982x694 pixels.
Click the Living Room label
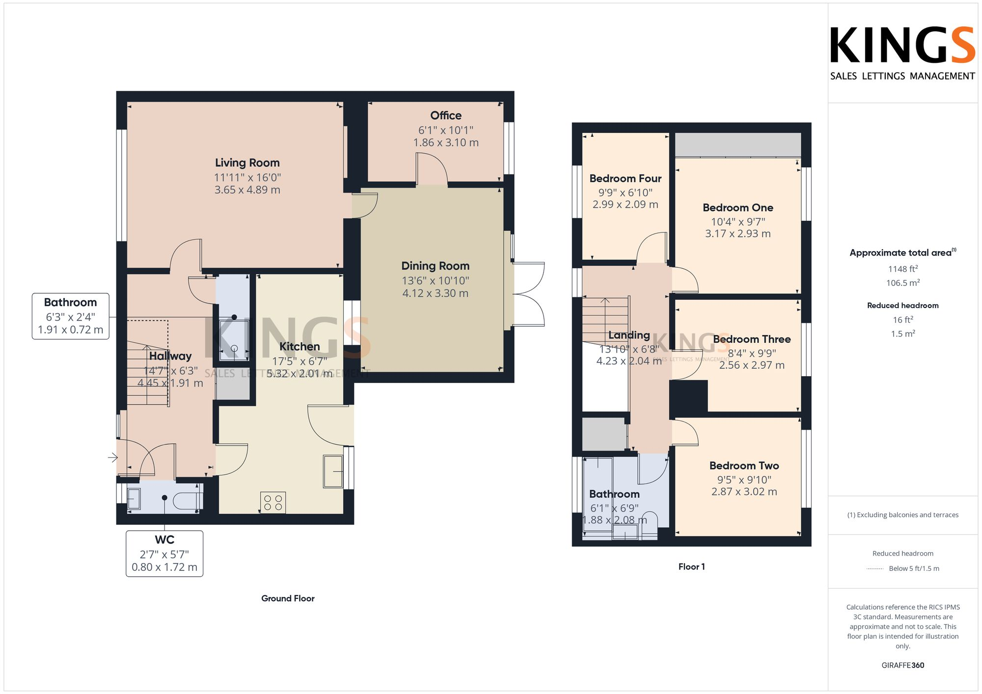pyautogui.click(x=247, y=163)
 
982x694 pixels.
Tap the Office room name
pyautogui.click(x=446, y=116)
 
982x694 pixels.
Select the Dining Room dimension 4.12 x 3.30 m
pyautogui.click(x=435, y=293)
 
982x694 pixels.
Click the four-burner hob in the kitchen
pyautogui.click(x=273, y=503)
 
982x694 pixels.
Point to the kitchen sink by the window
pyautogui.click(x=333, y=471)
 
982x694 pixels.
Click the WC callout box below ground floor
pyautogui.click(x=164, y=553)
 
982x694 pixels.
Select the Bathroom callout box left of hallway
pyautogui.click(x=71, y=316)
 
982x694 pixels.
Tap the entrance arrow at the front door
pyautogui.click(x=113, y=458)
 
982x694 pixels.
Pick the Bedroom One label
pyautogui.click(x=737, y=208)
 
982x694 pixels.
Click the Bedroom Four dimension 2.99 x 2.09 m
pyautogui.click(x=625, y=205)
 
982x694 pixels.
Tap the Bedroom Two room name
pyautogui.click(x=744, y=466)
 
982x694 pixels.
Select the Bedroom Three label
pyautogui.click(x=751, y=339)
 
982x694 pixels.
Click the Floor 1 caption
pyautogui.click(x=691, y=567)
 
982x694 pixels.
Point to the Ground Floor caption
pyautogui.click(x=288, y=598)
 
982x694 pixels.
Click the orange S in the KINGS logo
pyautogui.click(x=961, y=46)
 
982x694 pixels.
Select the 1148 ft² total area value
pyautogui.click(x=902, y=269)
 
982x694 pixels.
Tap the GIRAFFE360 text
pyautogui.click(x=902, y=666)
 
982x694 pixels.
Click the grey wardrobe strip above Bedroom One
pyautogui.click(x=737, y=145)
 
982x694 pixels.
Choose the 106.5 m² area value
pyautogui.click(x=902, y=283)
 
